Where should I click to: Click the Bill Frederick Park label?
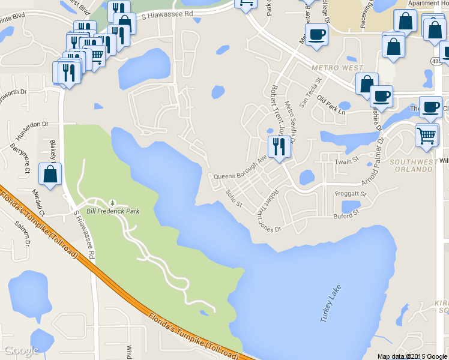(113, 211)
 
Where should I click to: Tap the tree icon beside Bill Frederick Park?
(112, 203)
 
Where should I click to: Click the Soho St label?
(232, 199)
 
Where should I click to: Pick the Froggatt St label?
(351, 194)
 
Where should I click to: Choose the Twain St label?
(346, 161)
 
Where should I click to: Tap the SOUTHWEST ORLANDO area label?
(411, 166)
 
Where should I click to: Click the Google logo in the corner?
(21, 350)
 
